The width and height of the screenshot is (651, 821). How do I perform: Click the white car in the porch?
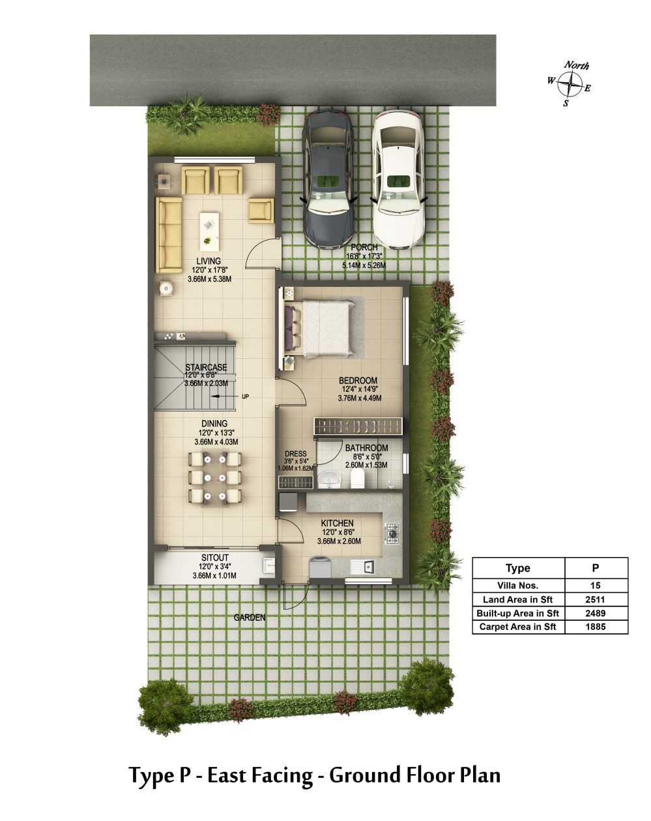pos(399,180)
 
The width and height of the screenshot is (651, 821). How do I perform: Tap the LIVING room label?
pos(209,261)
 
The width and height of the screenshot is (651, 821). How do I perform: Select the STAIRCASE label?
pos(207,367)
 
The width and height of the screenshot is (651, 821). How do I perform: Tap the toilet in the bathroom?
pos(357,478)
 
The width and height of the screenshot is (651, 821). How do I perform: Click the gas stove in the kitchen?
pos(392,533)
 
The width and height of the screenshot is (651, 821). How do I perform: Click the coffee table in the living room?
pos(210,232)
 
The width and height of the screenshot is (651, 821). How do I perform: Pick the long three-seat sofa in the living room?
pos(169,235)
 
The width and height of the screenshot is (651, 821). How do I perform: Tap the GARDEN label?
pos(250,618)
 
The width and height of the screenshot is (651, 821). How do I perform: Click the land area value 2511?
pos(596,599)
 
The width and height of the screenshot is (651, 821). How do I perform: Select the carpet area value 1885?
pos(596,627)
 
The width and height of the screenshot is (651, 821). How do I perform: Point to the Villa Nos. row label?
pos(517,586)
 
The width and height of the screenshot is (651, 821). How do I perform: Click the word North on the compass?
pos(577,65)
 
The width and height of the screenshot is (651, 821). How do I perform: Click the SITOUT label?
pos(215,558)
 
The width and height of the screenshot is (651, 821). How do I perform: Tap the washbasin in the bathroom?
pos(328,479)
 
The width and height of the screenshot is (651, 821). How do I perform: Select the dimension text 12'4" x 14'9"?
pos(360,389)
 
